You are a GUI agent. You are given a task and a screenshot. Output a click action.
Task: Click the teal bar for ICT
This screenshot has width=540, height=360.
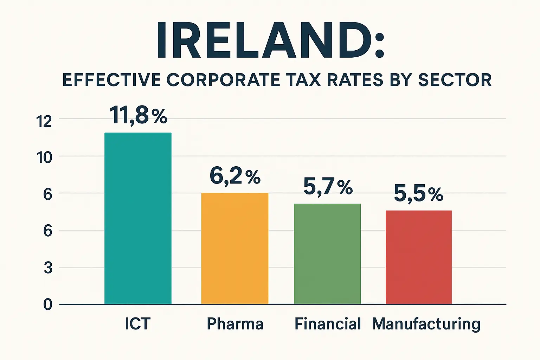138,218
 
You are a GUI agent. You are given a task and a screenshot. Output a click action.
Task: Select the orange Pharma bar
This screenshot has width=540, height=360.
234,248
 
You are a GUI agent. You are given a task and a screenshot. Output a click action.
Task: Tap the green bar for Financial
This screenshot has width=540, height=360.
327,253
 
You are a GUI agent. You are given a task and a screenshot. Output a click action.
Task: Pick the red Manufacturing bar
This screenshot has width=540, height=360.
418,257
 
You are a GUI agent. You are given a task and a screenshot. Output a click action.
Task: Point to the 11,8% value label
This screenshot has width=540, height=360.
138,115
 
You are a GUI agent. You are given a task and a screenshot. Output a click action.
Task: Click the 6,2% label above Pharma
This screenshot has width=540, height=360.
235,176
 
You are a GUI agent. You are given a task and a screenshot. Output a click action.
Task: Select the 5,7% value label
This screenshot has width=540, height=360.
328,187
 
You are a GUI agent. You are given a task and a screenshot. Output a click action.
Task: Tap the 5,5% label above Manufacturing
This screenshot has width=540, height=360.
418,193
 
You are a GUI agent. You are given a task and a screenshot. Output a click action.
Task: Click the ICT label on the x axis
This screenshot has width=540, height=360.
137,324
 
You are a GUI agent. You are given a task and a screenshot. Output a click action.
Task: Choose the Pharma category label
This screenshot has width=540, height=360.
235,324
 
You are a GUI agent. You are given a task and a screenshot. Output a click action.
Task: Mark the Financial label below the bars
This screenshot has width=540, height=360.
328,324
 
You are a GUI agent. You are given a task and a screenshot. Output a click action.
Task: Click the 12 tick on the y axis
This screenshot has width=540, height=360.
44,122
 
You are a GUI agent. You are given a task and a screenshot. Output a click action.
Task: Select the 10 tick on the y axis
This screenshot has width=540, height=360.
44,158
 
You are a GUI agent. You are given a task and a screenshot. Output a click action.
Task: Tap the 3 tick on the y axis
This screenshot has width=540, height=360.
48,268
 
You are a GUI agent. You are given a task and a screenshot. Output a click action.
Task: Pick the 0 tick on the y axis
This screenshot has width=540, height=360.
48,304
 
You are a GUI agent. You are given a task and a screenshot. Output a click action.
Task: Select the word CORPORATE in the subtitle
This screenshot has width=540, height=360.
223,80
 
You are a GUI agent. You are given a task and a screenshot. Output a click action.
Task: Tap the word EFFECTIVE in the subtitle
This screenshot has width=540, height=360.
112,80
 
